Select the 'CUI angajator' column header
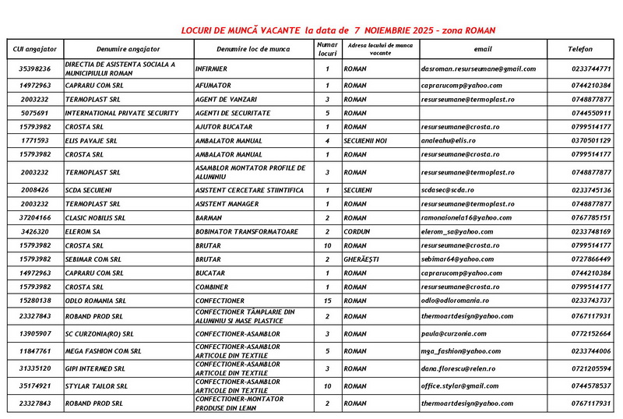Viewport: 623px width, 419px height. pos(35,49)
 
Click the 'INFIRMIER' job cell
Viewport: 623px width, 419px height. pos(211,69)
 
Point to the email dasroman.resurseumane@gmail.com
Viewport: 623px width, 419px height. pos(478,69)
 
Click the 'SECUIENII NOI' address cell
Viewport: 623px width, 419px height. pos(367,140)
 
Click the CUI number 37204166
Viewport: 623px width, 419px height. pos(35,218)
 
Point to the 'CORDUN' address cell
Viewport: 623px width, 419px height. pos(357,231)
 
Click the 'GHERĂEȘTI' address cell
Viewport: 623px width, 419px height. pos(361,259)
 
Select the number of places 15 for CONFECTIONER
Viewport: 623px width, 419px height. pos(328,301)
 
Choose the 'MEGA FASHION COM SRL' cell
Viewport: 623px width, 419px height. pos(104,351)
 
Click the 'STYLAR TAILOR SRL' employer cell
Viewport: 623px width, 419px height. pos(97,386)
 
